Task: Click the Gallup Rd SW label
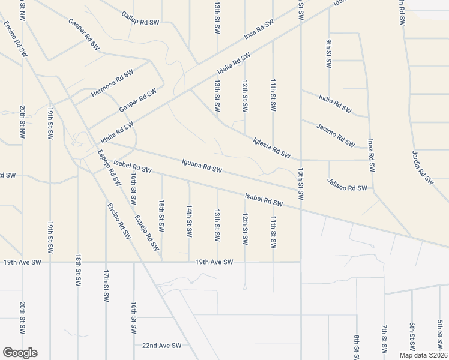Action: [x=140, y=17]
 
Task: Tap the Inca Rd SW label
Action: [x=259, y=29]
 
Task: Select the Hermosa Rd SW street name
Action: [x=112, y=83]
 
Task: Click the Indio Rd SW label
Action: [x=335, y=103]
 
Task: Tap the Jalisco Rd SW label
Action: [x=347, y=184]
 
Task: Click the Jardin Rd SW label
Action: [x=422, y=166]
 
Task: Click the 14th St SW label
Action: [x=189, y=220]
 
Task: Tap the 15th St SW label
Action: [x=161, y=215]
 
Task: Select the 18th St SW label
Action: [x=78, y=270]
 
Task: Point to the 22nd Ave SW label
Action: [x=161, y=346]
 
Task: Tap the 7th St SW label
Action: [x=384, y=339]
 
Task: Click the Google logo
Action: [x=20, y=353]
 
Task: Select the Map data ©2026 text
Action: [x=423, y=355]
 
